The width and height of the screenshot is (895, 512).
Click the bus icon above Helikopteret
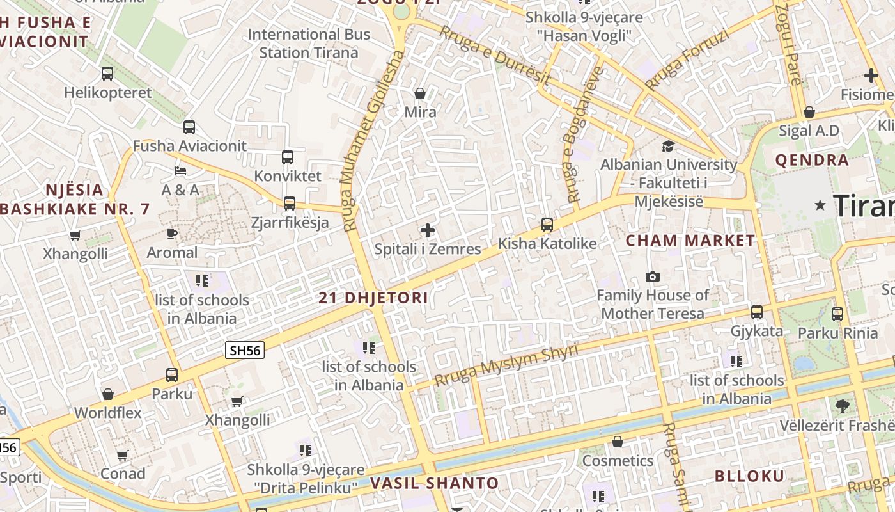[107, 74]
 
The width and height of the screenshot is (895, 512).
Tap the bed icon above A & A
[180, 171]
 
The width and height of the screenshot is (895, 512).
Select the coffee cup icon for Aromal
[171, 234]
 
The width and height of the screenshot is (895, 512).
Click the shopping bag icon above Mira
[420, 93]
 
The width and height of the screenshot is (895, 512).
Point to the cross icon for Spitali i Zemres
[428, 230]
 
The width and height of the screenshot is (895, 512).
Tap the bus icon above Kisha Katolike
[547, 225]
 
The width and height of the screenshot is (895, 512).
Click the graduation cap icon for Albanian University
[668, 146]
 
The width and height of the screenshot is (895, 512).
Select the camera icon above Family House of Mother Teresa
[652, 276]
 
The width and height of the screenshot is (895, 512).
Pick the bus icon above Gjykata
[757, 312]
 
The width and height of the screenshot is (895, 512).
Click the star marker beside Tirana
[820, 205]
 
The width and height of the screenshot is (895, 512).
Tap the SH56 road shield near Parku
[245, 350]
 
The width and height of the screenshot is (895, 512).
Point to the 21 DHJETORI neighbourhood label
[373, 298]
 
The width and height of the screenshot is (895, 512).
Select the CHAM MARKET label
[690, 241]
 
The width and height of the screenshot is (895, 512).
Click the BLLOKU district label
[749, 476]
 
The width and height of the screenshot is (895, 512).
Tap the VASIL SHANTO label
[434, 483]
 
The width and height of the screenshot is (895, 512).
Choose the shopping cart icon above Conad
[122, 455]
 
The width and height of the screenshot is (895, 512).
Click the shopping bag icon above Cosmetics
[617, 442]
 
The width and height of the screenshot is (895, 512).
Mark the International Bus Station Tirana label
[309, 44]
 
